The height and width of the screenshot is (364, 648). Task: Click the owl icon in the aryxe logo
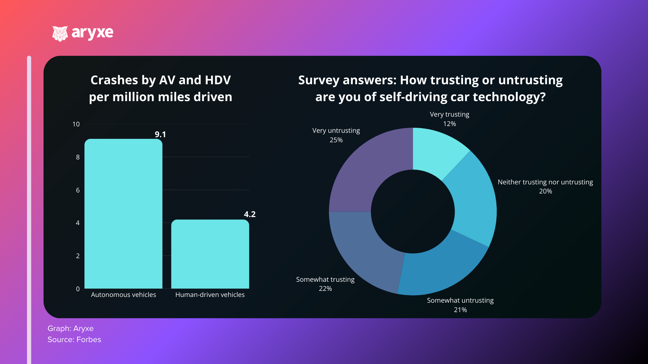[x=60, y=34]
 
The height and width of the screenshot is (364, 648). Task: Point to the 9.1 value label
[x=160, y=134]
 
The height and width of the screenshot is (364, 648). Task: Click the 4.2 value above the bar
[x=250, y=214]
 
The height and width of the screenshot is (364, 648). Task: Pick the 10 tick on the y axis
[x=76, y=124]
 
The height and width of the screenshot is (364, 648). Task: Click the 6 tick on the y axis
[x=78, y=190]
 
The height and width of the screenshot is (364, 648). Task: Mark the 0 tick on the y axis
[x=78, y=289]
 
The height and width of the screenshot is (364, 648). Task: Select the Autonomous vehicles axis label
[x=124, y=295]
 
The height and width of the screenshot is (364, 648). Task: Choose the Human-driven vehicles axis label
[x=210, y=295]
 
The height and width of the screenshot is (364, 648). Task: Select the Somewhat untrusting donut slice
[x=439, y=270]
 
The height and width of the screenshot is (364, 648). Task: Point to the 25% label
[x=336, y=140]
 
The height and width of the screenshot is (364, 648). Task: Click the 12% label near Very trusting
[x=450, y=124]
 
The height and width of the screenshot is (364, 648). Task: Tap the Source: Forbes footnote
[x=74, y=339]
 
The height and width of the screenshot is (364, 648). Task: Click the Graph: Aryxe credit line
[x=71, y=328]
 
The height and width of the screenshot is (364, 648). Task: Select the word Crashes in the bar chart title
[x=114, y=80]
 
